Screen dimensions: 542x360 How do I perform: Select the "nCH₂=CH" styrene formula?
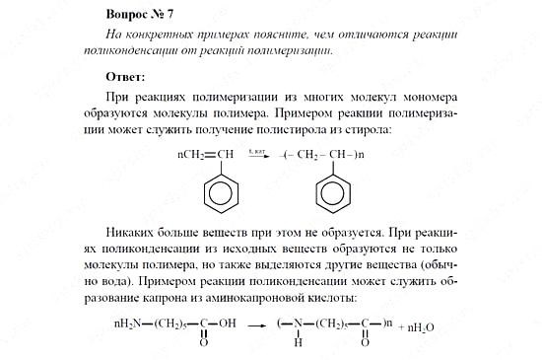coord(205,155)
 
